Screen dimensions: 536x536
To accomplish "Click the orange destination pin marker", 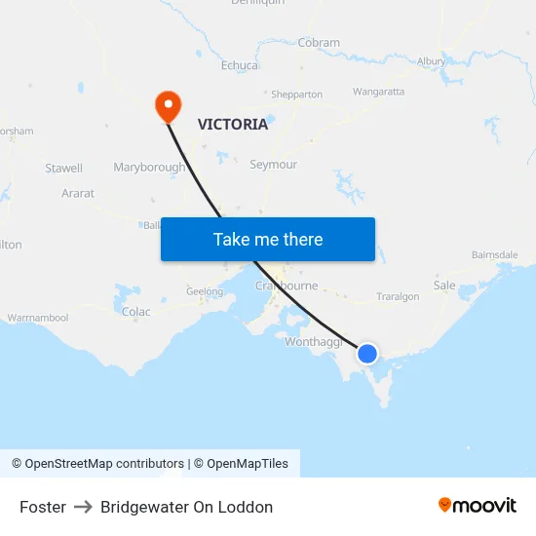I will point(168,105).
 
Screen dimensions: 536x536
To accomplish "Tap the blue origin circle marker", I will point(367,353).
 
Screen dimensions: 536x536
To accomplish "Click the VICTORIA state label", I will point(233,124).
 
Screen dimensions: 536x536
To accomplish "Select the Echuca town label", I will point(240,65).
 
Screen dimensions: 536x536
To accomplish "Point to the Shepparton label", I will point(296,95).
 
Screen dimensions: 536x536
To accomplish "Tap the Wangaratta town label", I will point(378,92).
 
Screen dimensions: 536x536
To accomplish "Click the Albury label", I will point(431,61).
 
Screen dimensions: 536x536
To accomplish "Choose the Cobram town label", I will point(319,43).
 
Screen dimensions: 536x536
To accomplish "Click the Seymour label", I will point(274,165).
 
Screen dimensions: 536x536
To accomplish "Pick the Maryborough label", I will point(149,168).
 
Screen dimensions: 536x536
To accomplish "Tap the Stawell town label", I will point(64,169).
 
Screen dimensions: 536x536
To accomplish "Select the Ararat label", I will point(78,194).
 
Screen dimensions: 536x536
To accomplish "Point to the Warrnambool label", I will point(38,318).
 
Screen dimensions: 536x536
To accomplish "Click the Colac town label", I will point(136,312).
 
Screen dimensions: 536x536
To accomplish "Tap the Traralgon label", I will point(398,296).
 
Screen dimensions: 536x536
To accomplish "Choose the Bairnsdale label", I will point(494,254).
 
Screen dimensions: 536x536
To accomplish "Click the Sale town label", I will point(444,286).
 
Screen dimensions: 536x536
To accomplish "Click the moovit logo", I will point(478,506).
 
